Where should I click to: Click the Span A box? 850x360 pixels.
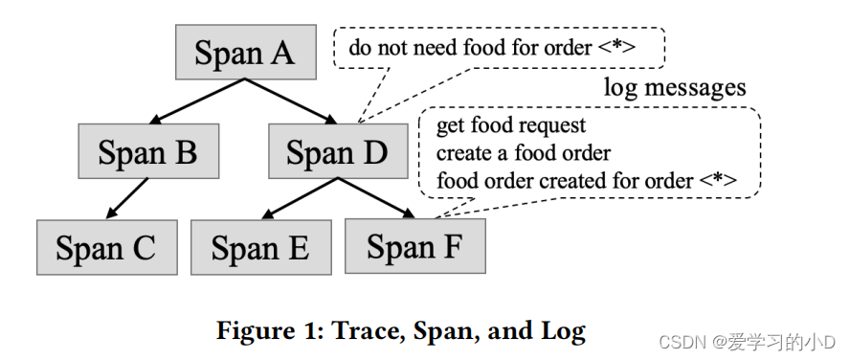(x=245, y=52)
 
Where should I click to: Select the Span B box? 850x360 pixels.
(x=148, y=152)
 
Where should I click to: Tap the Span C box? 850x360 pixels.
(x=106, y=248)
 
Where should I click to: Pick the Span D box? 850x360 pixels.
(x=337, y=152)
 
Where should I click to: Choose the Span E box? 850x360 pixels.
(x=260, y=248)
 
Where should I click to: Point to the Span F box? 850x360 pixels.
(x=414, y=247)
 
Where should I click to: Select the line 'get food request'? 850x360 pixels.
(x=511, y=125)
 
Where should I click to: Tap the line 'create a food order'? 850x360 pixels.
(x=524, y=152)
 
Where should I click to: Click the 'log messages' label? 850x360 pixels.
(x=675, y=88)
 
